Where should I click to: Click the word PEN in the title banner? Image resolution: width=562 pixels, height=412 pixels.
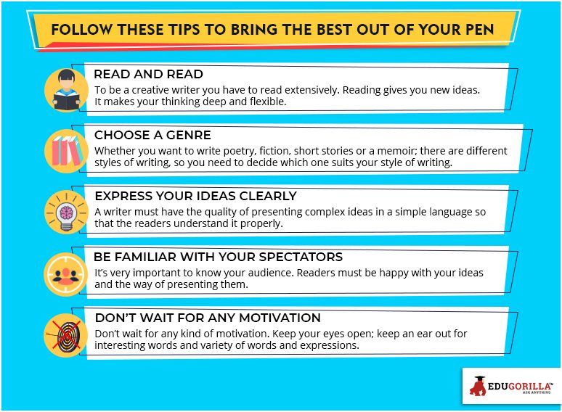click(479, 29)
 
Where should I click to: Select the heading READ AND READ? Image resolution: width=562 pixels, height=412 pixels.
click(148, 74)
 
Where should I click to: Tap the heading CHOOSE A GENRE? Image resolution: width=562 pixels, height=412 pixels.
click(152, 135)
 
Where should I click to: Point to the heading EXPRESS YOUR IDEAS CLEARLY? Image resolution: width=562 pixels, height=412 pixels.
click(196, 196)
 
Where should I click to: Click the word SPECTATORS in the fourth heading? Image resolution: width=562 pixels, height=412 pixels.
click(301, 257)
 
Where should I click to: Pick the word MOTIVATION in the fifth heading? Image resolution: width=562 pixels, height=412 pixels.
click(280, 318)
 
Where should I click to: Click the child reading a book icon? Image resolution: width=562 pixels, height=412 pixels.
click(66, 91)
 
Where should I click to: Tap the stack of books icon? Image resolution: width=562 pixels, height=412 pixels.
click(66, 151)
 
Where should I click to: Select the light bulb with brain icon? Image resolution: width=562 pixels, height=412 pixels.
click(66, 213)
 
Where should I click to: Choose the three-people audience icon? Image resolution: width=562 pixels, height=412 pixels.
click(66, 274)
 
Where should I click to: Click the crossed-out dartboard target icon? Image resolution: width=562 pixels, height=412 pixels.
click(66, 335)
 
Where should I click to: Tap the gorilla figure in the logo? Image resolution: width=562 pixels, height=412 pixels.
click(478, 386)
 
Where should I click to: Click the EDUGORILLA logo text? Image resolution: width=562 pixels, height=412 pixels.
click(520, 386)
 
